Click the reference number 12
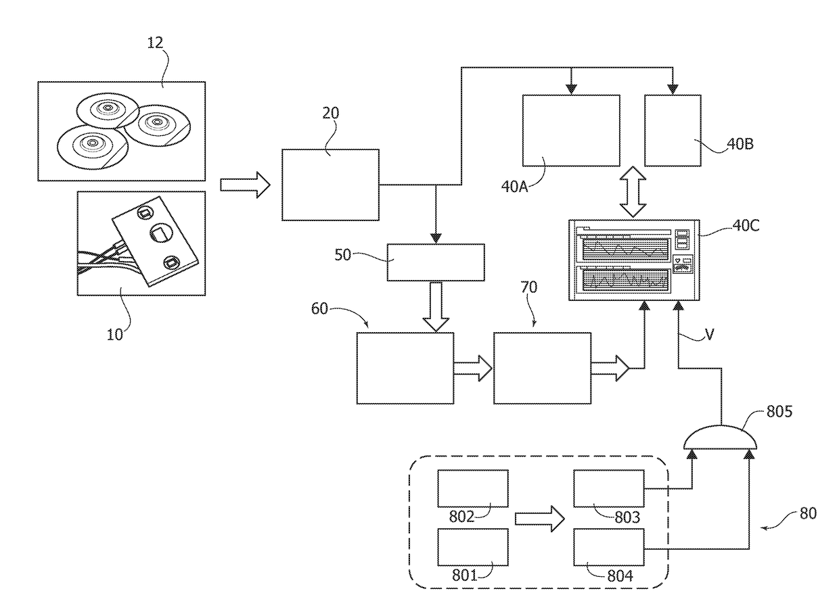point(155,43)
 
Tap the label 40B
point(740,144)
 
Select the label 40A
point(514,187)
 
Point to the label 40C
point(746,225)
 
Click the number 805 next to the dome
point(779,412)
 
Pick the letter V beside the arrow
point(709,334)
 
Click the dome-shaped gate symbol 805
point(720,437)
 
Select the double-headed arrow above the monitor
point(633,192)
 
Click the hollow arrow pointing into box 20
point(245,185)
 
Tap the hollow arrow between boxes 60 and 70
point(473,368)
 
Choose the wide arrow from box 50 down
point(436,306)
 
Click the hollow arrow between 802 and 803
point(539,519)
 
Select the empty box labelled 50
point(436,262)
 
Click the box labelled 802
point(473,489)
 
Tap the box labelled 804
point(609,547)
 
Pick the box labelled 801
point(473,547)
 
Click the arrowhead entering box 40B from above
point(673,90)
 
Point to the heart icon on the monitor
point(677,260)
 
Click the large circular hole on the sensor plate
point(162,234)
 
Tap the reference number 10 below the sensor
point(114,334)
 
